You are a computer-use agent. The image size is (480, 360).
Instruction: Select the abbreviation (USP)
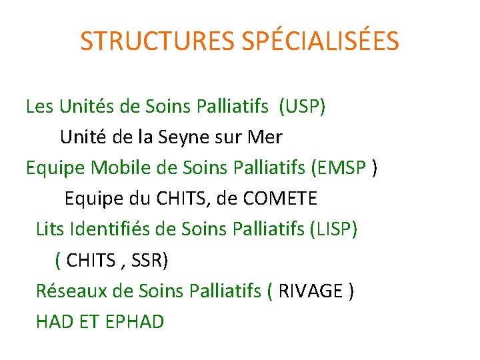303,107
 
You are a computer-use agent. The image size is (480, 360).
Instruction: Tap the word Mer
265,138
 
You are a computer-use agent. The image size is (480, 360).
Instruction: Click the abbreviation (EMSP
338,168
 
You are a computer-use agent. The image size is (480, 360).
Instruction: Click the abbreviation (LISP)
333,229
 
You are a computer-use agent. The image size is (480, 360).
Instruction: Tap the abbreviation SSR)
150,260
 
